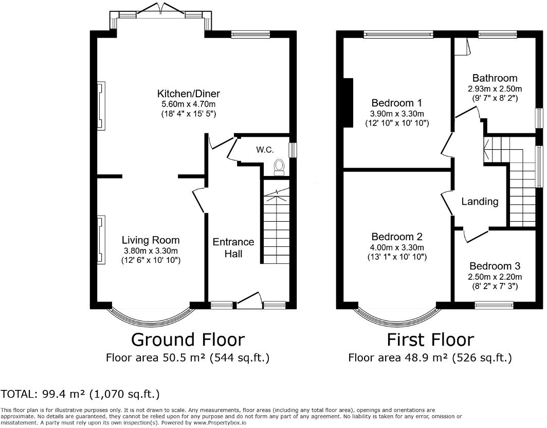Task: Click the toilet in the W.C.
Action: click(x=280, y=167)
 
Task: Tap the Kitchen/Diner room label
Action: click(x=189, y=94)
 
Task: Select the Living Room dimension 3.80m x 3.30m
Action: click(x=151, y=251)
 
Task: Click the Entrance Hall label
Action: click(x=233, y=247)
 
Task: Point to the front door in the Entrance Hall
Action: click(x=249, y=300)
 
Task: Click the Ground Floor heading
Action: click(x=188, y=340)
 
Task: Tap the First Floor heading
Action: click(x=430, y=340)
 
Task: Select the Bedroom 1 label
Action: click(x=397, y=103)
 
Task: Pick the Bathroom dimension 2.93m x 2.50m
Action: click(x=495, y=88)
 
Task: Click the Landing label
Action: click(x=480, y=202)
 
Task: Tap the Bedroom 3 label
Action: click(x=495, y=266)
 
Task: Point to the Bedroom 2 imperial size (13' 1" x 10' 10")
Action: click(x=397, y=257)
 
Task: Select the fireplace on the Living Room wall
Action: click(x=101, y=240)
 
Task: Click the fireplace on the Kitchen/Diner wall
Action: click(x=101, y=106)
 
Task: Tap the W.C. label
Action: click(x=265, y=150)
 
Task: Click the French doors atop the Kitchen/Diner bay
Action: click(x=160, y=10)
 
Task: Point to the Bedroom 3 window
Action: click(x=494, y=306)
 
